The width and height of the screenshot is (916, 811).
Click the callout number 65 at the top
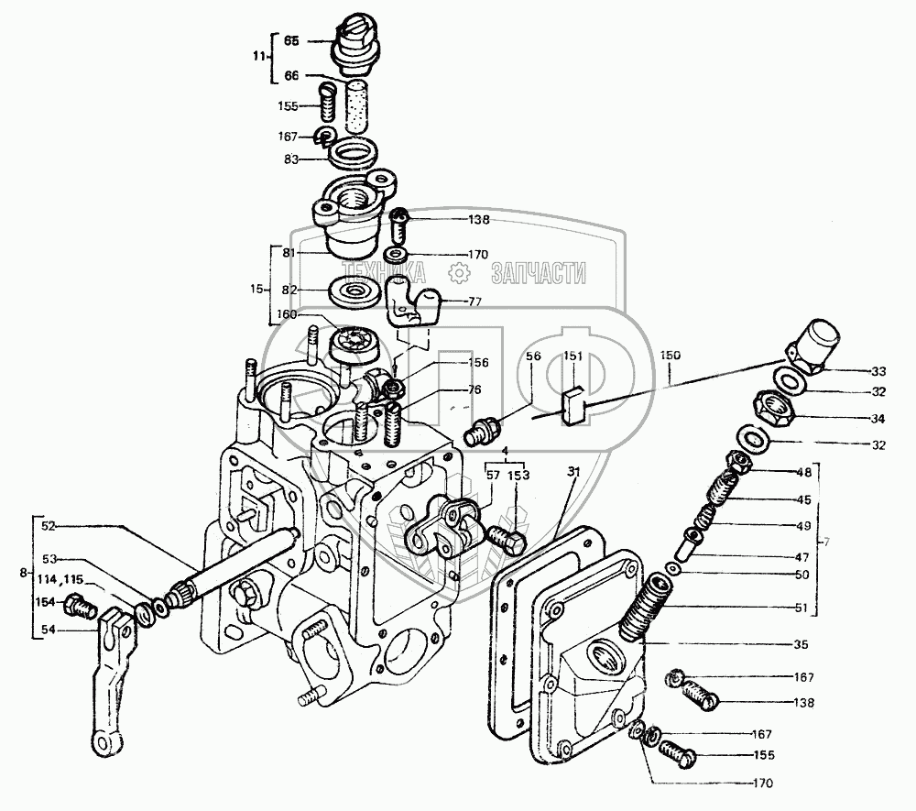[x=291, y=41]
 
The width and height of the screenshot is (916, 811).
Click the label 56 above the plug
[x=533, y=356]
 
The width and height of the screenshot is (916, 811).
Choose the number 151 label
[x=571, y=356]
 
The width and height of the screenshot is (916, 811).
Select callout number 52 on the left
[x=49, y=526]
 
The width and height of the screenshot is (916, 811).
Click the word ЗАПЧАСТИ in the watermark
[x=539, y=272]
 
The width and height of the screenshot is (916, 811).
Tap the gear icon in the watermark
[x=460, y=272]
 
